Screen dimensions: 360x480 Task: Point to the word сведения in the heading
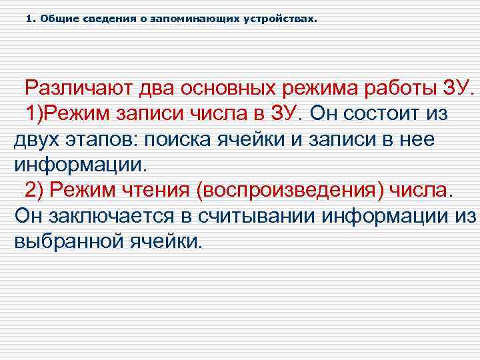(x=97, y=19)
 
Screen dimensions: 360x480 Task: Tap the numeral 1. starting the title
(x=31, y=19)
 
